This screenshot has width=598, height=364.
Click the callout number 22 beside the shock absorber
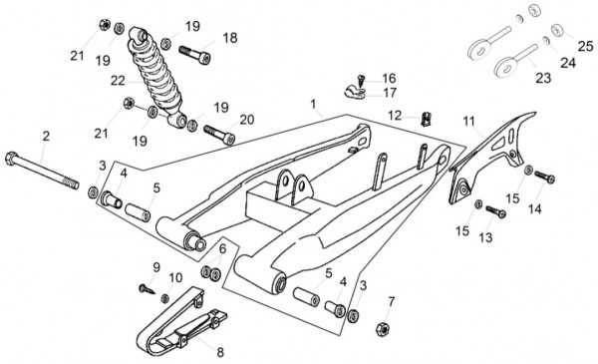click(118, 81)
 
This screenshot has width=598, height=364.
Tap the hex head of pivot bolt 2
click(11, 159)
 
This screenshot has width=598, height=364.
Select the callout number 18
click(230, 38)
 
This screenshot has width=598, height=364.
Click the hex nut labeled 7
click(382, 329)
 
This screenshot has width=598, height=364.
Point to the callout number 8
click(220, 352)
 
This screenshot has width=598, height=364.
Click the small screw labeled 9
click(147, 289)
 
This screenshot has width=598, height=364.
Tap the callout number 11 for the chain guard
click(468, 122)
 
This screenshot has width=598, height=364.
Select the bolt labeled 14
click(544, 177)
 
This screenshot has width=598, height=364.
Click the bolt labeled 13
click(495, 211)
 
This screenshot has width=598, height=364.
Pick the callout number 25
click(585, 46)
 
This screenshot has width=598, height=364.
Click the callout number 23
click(543, 78)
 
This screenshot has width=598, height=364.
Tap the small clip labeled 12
click(426, 119)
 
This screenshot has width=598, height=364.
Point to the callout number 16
click(389, 78)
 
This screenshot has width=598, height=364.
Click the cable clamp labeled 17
click(355, 92)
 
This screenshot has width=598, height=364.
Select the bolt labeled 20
click(219, 135)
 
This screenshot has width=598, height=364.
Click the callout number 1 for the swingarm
click(313, 104)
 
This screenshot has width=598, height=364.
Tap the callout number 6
click(222, 248)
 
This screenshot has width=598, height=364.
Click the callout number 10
click(175, 278)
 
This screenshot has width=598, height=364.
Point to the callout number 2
click(46, 137)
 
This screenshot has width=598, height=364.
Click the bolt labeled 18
click(195, 55)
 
